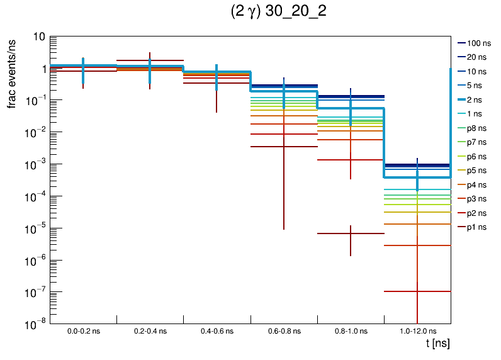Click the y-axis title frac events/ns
coord(11,72)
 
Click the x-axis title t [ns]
coord(437,344)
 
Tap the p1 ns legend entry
coord(476,227)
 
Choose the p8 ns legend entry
coord(476,128)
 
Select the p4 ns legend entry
coord(476,184)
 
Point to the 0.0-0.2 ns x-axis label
coord(84,330)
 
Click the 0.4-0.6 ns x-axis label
coord(217,330)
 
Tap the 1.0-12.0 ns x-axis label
coord(417,330)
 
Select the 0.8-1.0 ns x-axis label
coord(350,330)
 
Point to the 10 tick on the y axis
coord(38,37)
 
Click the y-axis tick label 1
coord(41,69)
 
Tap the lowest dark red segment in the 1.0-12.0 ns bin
coord(403,291)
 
